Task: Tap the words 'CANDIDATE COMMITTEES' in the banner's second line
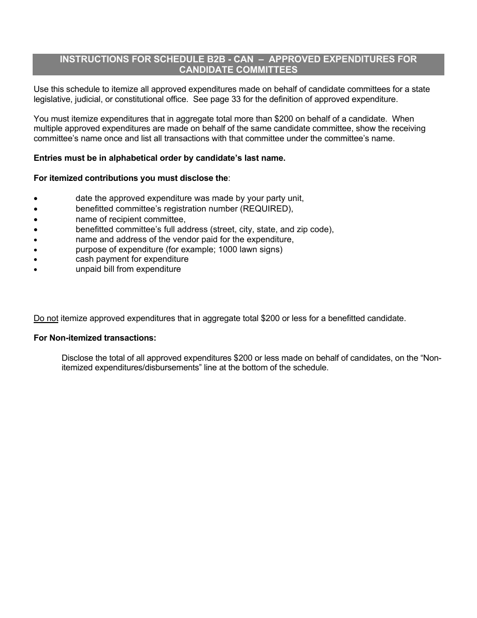click(x=238, y=70)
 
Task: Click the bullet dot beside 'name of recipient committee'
click(x=36, y=220)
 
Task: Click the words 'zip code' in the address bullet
click(x=315, y=229)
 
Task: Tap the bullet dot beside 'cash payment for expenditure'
click(x=36, y=260)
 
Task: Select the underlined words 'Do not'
click(x=46, y=319)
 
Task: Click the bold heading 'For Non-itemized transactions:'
click(x=95, y=338)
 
